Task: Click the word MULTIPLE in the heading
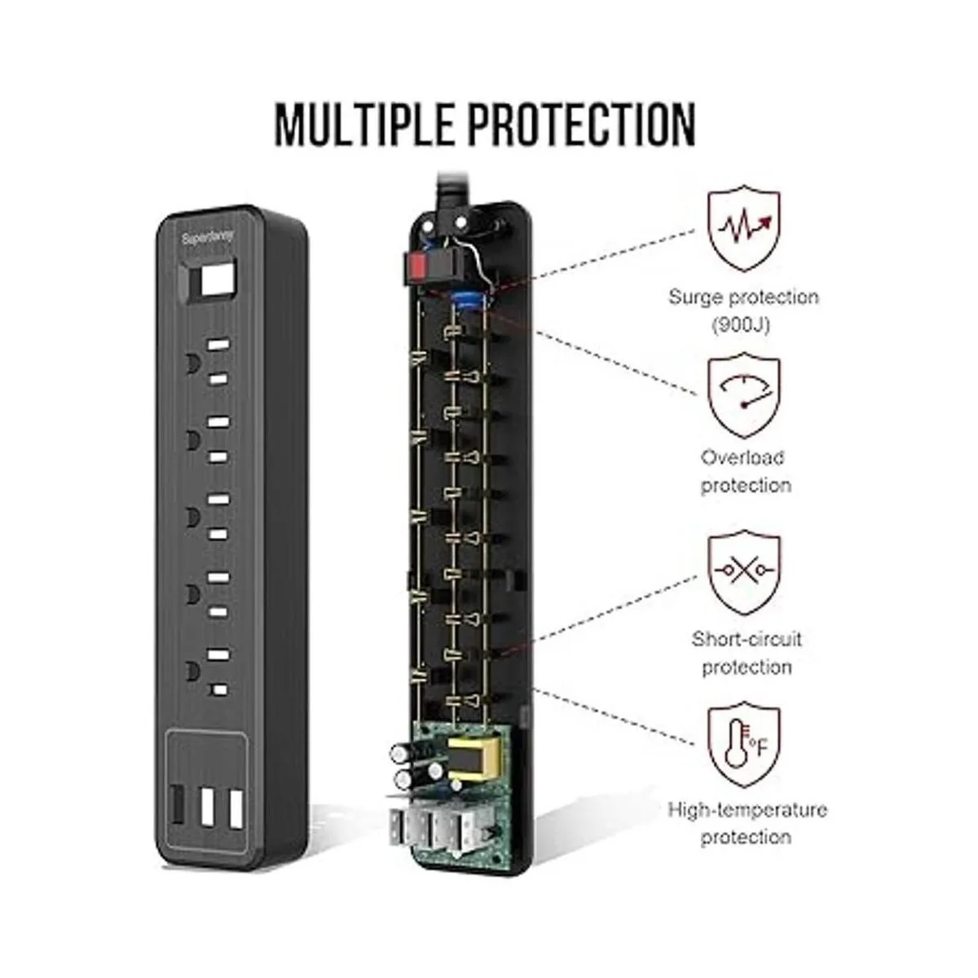(370, 125)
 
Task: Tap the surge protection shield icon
(743, 230)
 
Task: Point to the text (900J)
(743, 324)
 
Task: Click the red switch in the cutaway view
(417, 265)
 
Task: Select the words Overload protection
(745, 471)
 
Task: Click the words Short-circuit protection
(746, 653)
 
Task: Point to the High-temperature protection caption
(747, 823)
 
